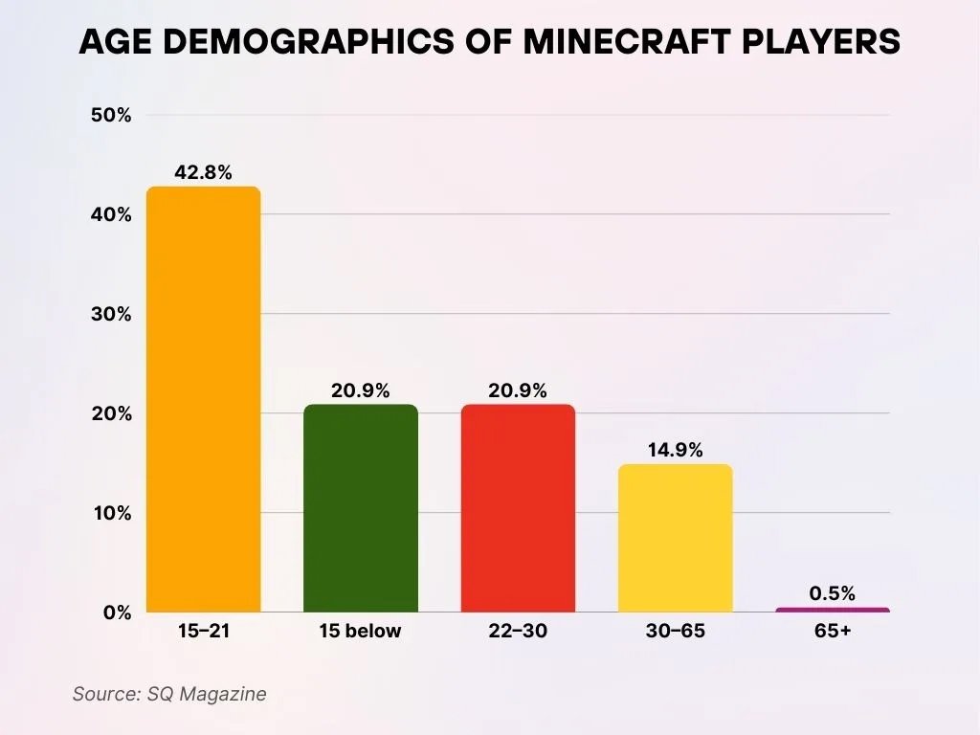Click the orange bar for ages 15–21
pyautogui.click(x=203, y=399)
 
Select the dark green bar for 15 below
pyautogui.click(x=361, y=508)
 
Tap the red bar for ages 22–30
pyautogui.click(x=518, y=508)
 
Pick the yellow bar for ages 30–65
pyautogui.click(x=675, y=538)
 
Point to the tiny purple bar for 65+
pyautogui.click(x=832, y=610)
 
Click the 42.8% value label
pyautogui.click(x=203, y=173)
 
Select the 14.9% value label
pyautogui.click(x=675, y=450)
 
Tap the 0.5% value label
pyautogui.click(x=832, y=593)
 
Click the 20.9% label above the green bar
pyautogui.click(x=361, y=390)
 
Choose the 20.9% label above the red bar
pyautogui.click(x=518, y=390)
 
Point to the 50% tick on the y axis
pyautogui.click(x=111, y=116)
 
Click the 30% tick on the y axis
pyautogui.click(x=111, y=315)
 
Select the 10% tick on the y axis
pyautogui.click(x=111, y=513)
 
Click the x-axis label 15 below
pyautogui.click(x=361, y=632)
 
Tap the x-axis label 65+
pyautogui.click(x=832, y=632)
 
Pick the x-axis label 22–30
pyautogui.click(x=518, y=632)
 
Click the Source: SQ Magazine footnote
pyautogui.click(x=169, y=694)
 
